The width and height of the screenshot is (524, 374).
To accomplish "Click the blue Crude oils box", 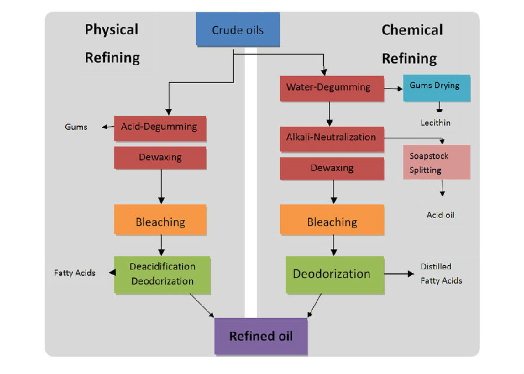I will [238, 30].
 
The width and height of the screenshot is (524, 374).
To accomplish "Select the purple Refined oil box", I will [260, 336].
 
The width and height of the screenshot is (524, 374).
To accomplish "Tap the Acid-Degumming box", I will [160, 127].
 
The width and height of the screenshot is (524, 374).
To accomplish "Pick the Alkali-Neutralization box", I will [331, 138].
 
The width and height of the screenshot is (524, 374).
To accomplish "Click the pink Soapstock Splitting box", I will [436, 162].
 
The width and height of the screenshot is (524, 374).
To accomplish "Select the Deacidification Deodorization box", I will [162, 274].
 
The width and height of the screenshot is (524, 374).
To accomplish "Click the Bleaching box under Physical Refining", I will [160, 222].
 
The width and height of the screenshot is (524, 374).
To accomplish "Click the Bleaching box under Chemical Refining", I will [332, 222].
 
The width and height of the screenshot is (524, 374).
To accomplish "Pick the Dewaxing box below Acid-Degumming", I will [160, 158].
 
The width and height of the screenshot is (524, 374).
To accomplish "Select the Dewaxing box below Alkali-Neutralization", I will [332, 168].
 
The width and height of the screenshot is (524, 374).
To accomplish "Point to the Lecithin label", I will [436, 123].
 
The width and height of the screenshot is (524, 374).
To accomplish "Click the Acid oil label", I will [440, 215].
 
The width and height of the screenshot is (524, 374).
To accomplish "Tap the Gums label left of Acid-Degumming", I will [76, 127].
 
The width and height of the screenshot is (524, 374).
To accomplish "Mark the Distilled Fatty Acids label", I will [441, 273].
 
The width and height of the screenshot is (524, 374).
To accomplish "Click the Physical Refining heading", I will [112, 44].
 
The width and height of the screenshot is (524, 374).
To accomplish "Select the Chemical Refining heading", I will [412, 44].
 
